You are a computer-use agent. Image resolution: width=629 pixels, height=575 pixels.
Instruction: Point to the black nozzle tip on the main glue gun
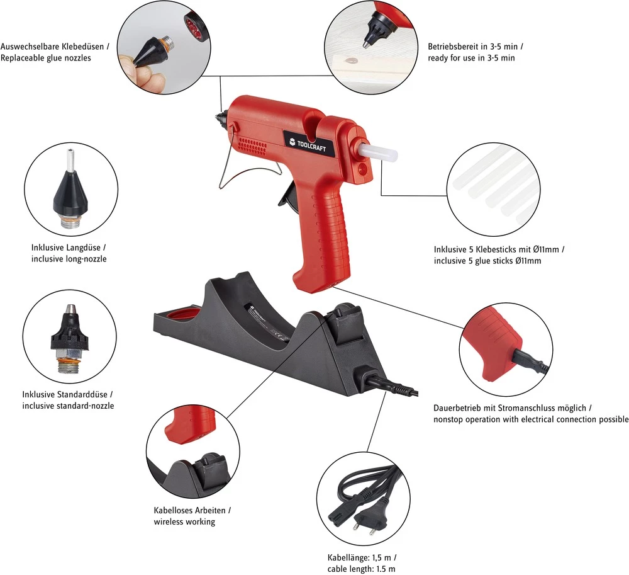222,117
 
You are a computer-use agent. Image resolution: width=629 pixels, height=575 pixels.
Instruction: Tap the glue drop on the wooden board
349,60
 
